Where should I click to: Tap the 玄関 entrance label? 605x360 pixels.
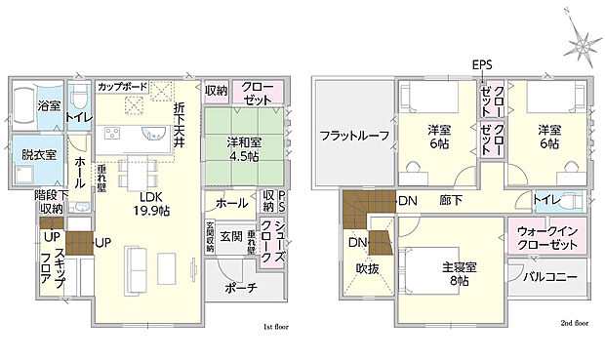[x=230, y=237]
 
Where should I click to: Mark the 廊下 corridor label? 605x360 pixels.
[x=451, y=200]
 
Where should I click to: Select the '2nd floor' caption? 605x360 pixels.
[x=576, y=322]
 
